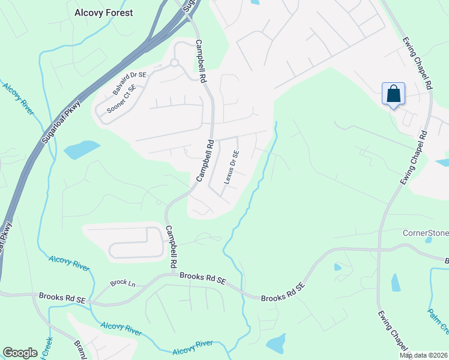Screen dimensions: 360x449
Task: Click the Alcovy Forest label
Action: [x=103, y=12]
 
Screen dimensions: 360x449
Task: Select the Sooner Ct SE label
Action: [x=121, y=100]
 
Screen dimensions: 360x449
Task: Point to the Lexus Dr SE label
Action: [x=232, y=166]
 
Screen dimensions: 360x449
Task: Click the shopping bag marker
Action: [x=393, y=95]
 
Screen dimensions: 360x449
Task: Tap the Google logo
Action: [x=20, y=353]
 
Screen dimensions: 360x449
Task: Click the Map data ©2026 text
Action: [x=423, y=355]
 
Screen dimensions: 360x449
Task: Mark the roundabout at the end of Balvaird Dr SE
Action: [x=175, y=62]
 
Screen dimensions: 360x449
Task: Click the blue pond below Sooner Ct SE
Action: [x=82, y=149]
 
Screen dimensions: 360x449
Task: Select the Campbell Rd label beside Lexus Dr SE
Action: [x=205, y=161]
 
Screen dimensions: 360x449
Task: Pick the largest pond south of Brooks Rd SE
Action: [x=275, y=344]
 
